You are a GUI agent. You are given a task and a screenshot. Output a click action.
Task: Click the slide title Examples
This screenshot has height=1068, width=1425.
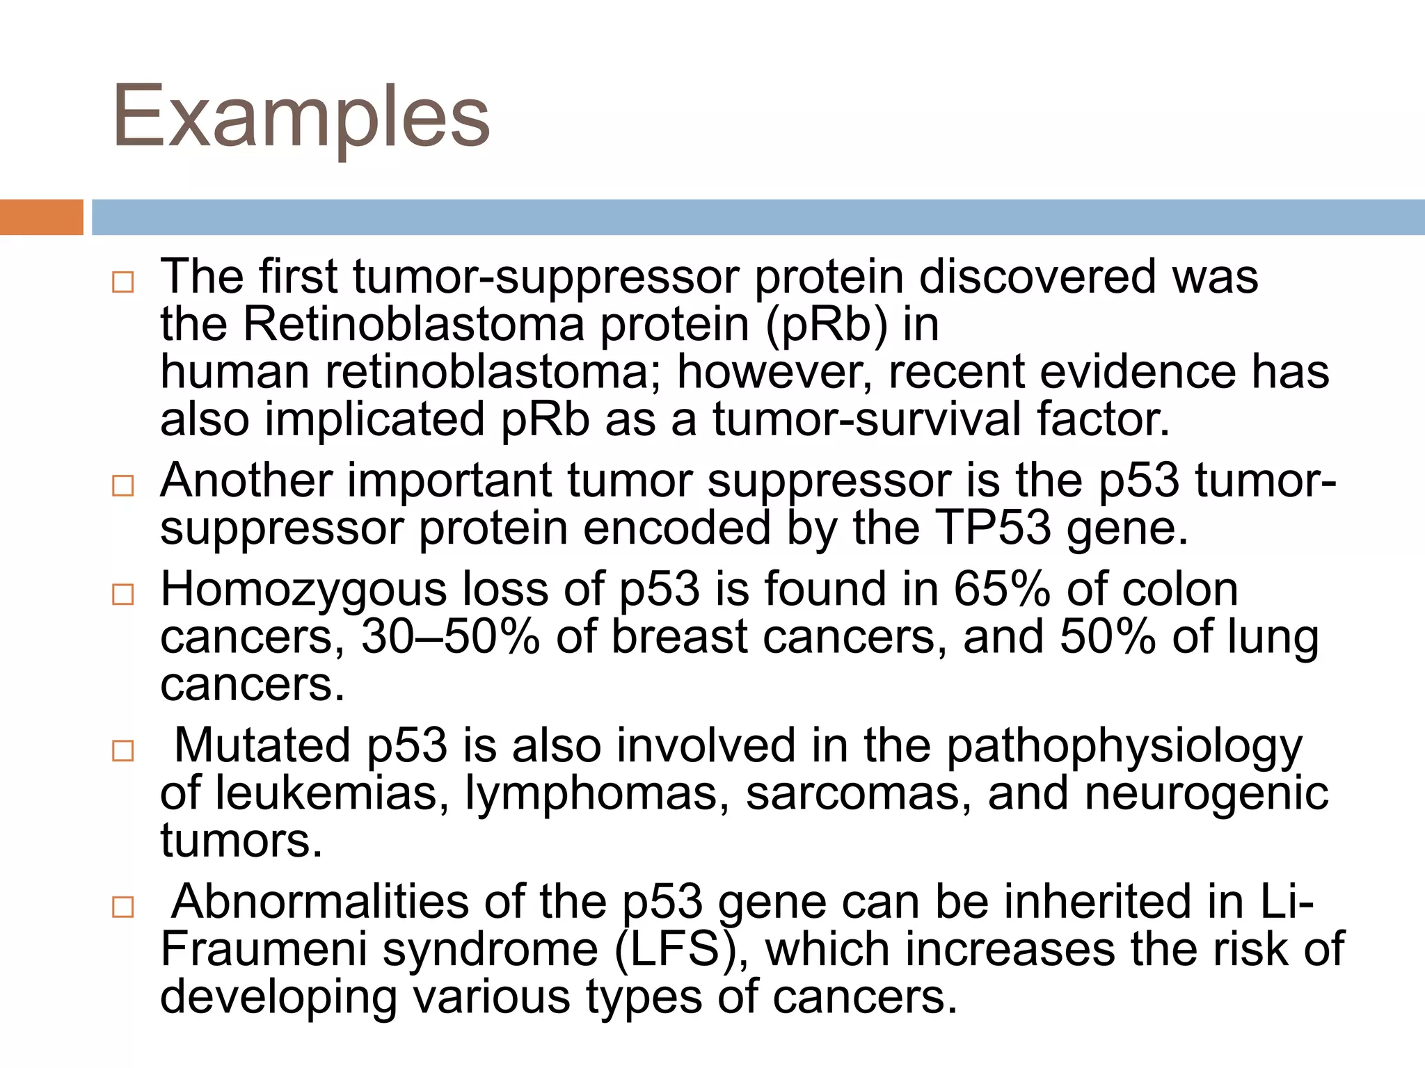point(301,117)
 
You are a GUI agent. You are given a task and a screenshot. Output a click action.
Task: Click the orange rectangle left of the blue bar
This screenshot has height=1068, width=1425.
point(41,217)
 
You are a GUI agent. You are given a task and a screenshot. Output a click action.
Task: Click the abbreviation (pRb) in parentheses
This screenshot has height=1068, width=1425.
point(827,325)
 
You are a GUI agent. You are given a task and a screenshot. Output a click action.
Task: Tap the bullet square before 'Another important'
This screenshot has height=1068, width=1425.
point(122,485)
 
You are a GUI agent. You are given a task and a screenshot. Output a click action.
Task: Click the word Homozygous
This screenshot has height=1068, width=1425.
point(304,590)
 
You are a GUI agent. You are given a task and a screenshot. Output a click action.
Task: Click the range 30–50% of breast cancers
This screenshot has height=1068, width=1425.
point(449,637)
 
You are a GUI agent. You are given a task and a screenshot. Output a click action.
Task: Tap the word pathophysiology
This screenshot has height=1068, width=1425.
point(1124,747)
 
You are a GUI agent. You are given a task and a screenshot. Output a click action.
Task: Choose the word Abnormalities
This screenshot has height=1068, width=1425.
point(321,902)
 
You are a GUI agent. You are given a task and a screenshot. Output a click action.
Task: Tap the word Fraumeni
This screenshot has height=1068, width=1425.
point(264,950)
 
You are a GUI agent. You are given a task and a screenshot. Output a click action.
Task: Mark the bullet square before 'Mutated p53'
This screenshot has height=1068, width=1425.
point(122,751)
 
